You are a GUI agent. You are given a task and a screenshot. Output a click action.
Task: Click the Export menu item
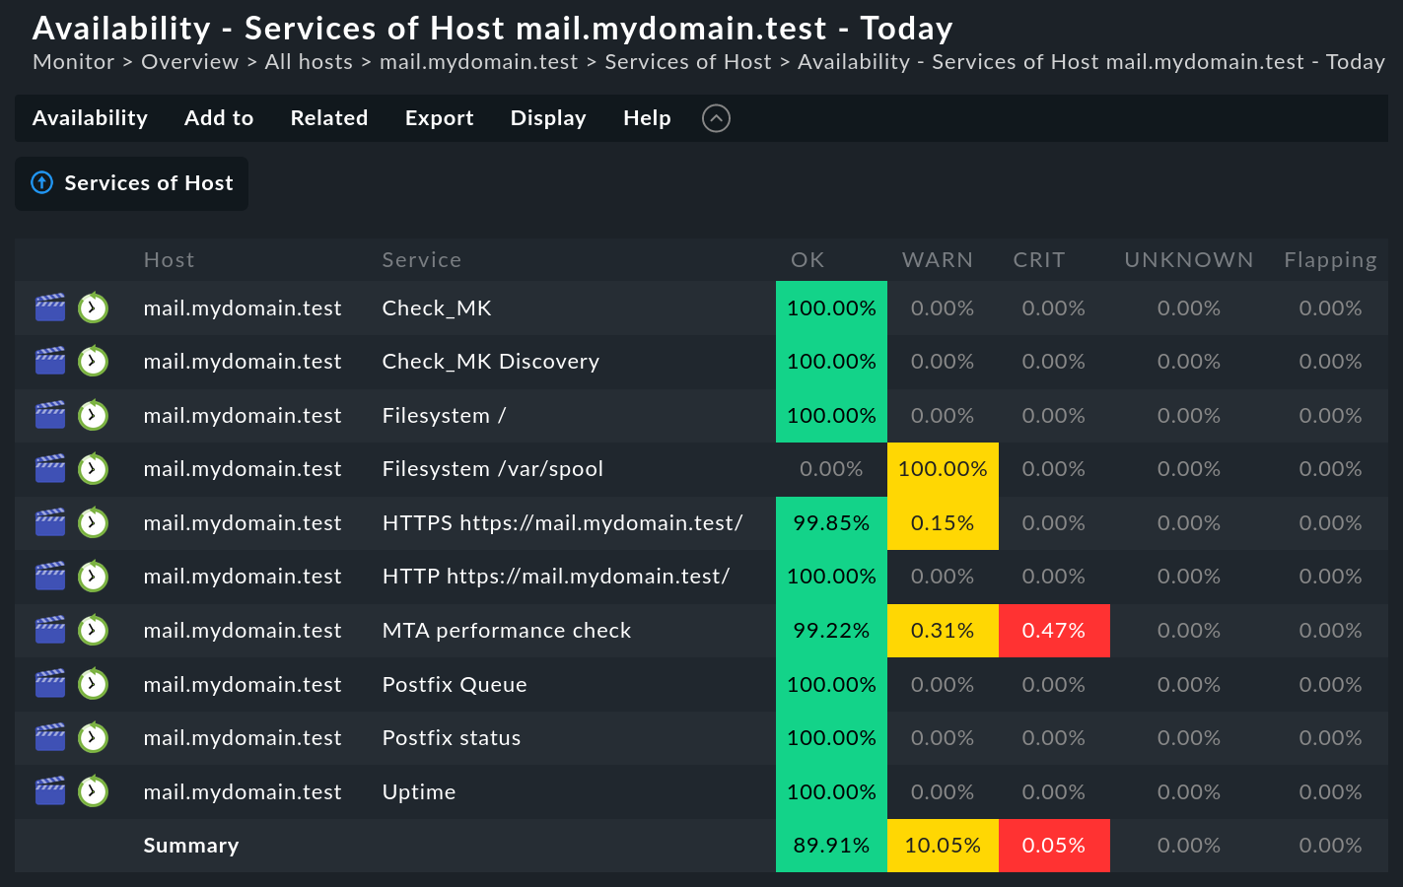pos(439,118)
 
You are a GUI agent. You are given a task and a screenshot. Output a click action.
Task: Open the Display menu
pos(548,118)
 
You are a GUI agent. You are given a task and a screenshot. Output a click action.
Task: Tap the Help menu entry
pos(647,118)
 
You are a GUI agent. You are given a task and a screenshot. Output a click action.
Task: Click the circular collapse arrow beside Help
pos(716,118)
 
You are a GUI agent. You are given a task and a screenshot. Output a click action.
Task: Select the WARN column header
pos(937,260)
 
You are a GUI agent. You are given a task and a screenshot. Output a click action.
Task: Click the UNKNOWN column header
pos(1188,260)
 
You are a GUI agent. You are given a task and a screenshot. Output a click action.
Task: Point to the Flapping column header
pos(1329,260)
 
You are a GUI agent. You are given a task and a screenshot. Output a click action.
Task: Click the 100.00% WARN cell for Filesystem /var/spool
pos(943,469)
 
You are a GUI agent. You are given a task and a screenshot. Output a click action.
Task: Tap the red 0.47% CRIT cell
pos(1053,631)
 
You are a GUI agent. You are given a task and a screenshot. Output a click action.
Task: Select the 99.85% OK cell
pos(831,523)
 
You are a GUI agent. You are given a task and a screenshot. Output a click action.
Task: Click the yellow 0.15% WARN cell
pos(943,523)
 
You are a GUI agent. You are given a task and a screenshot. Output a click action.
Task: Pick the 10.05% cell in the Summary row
pos(943,846)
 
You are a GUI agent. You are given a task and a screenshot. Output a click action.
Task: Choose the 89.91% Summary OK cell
pos(831,846)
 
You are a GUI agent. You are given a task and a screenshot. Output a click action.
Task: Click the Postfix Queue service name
pos(455,685)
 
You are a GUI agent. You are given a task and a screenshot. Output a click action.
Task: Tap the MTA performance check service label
pos(507,631)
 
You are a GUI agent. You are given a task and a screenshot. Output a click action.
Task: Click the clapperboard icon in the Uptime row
pos(50,791)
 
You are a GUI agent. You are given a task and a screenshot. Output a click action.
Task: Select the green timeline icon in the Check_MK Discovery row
pos(93,362)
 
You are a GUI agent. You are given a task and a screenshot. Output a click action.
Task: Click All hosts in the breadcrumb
pos(309,62)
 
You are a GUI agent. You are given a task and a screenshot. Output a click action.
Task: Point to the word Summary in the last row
pos(191,846)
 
